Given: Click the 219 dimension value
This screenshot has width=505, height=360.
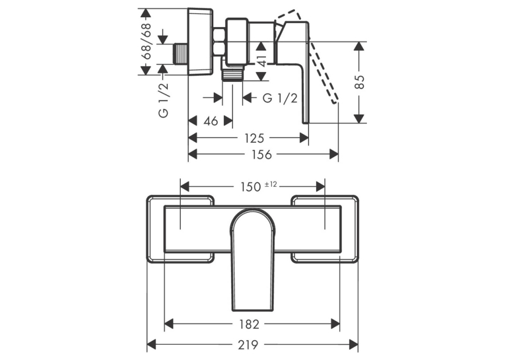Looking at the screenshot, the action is pos(248,345).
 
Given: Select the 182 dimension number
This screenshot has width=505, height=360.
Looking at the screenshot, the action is pos(250,324).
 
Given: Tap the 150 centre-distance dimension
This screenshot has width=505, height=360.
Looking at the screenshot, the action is pos(251,187).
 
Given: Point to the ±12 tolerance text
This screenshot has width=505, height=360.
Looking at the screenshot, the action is pos(271,184).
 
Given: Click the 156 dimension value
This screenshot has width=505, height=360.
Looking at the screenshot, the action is pos(261,155).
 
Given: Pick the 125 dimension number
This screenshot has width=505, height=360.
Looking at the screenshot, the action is pos(254,138).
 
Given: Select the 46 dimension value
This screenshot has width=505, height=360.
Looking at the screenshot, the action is pos(211,121).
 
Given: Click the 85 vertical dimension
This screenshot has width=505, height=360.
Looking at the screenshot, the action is pos(360,82).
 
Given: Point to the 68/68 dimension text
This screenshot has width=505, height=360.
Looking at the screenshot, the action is pos(147,41).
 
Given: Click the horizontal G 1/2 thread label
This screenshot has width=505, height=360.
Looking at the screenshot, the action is pos(280,98).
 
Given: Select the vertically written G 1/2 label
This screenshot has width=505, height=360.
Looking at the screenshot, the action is pos(164,100).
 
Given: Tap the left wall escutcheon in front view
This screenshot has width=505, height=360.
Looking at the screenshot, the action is pos(180,229).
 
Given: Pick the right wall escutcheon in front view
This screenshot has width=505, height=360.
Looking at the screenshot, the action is pos(325,229).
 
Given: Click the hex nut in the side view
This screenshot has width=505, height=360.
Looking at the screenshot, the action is pos(219,42).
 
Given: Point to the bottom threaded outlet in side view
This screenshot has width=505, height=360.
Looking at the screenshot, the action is pos(232,74).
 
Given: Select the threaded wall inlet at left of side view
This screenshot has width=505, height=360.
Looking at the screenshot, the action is pos(181,54).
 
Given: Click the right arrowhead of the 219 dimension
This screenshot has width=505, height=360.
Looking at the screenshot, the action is pos(354,345).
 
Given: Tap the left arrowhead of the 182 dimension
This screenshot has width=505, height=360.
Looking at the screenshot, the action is pos(169,324).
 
